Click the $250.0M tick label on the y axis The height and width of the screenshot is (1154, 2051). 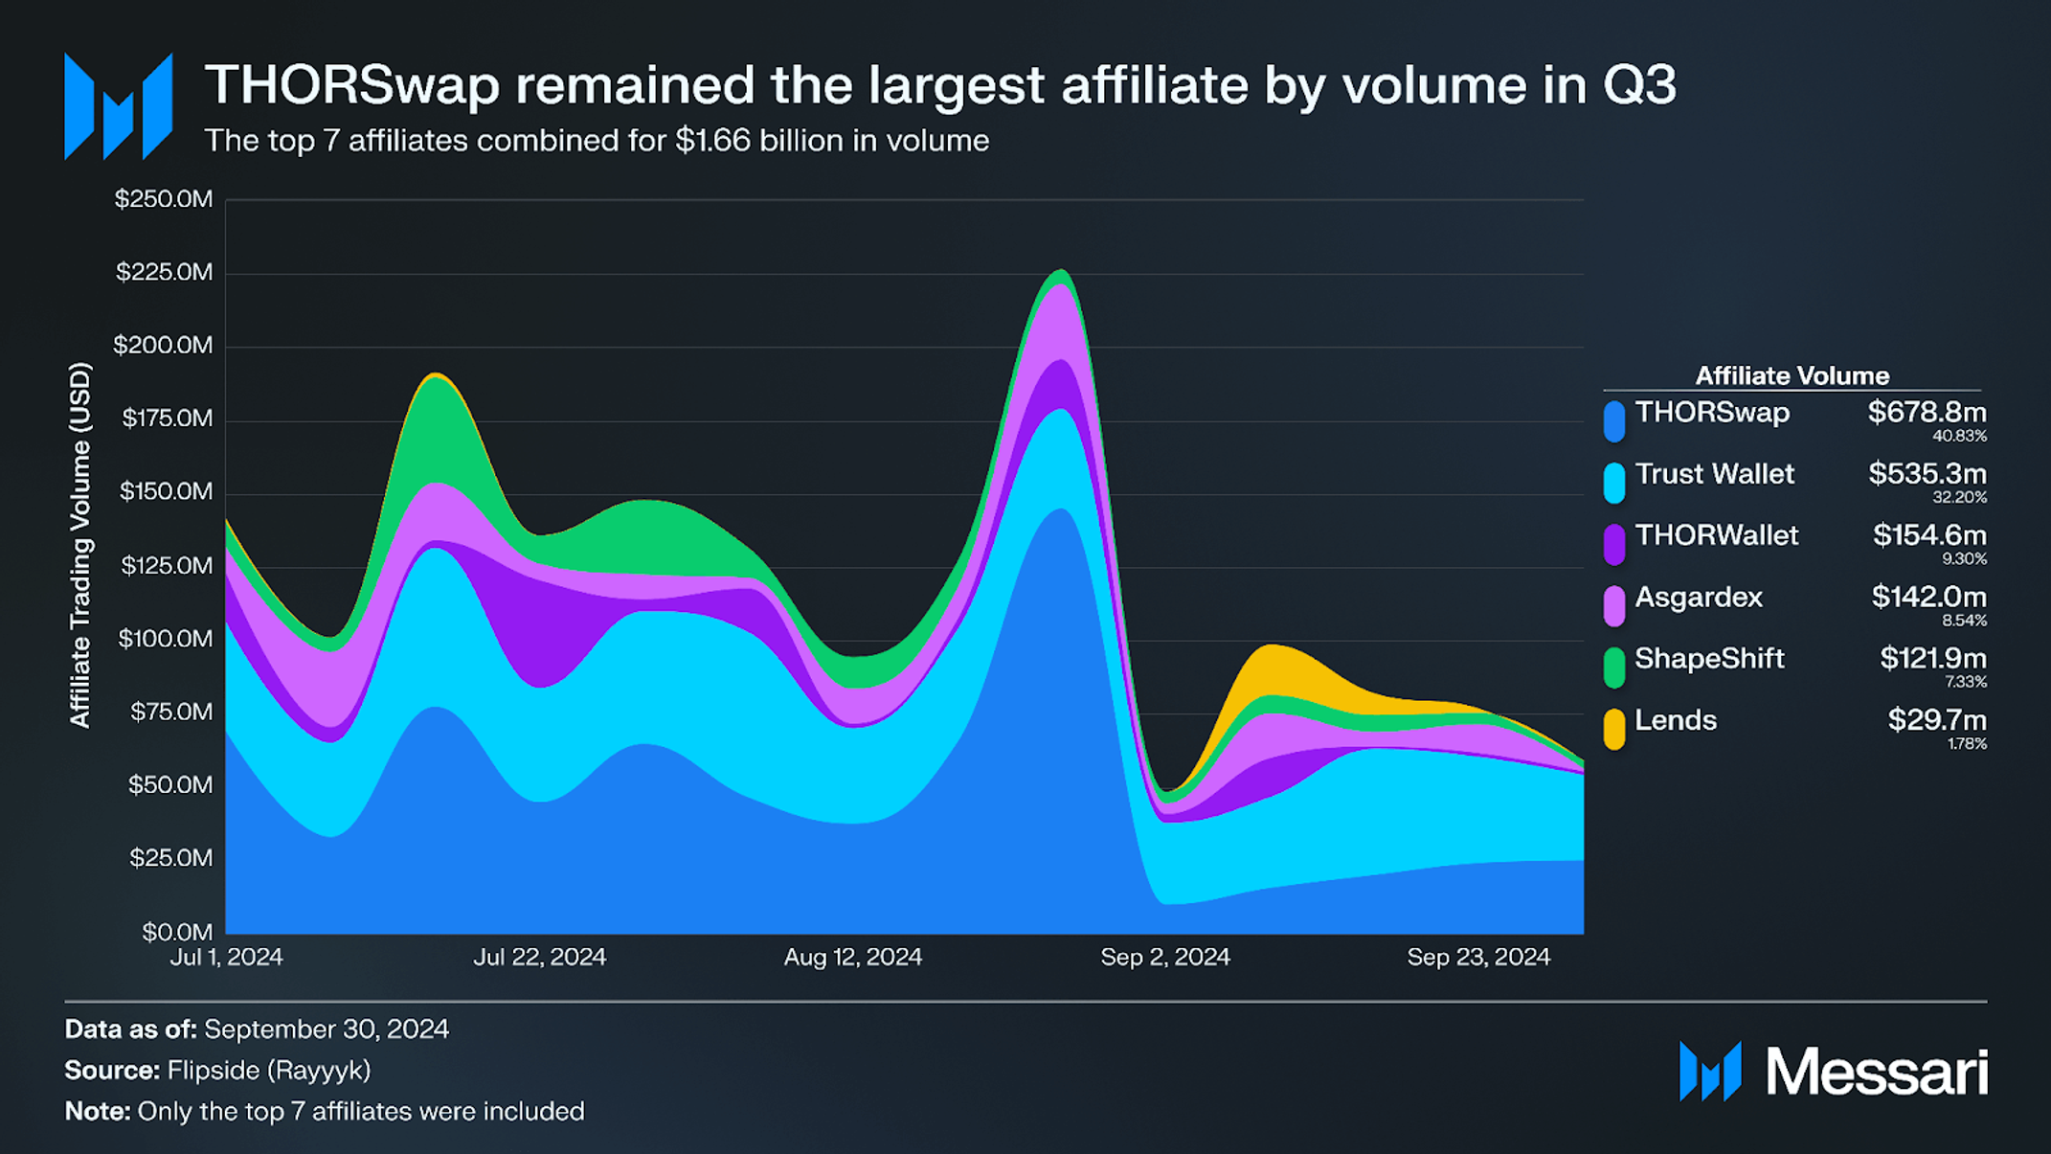(x=164, y=199)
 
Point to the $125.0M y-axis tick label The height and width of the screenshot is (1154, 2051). (x=167, y=565)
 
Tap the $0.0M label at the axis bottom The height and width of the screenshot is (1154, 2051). (x=177, y=931)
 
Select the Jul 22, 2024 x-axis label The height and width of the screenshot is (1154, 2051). (x=539, y=957)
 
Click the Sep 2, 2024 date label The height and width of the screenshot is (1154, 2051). (x=1164, y=957)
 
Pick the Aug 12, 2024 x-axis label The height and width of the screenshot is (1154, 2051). (x=852, y=957)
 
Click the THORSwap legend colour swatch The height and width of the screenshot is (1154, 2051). (x=1614, y=421)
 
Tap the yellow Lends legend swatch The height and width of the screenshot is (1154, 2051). (x=1614, y=729)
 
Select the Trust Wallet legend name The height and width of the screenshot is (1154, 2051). (x=1714, y=474)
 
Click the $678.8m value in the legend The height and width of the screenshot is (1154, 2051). (x=1927, y=413)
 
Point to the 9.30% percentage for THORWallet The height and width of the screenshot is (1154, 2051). (x=1964, y=559)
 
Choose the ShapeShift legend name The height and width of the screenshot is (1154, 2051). (x=1709, y=659)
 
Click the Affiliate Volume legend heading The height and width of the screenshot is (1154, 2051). (x=1792, y=375)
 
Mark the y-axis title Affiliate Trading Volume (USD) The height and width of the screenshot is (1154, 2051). (x=80, y=545)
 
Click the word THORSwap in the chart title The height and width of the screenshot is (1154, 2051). (x=352, y=85)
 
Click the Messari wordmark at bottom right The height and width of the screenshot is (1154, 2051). (x=1876, y=1072)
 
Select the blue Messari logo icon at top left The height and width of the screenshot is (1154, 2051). (x=118, y=106)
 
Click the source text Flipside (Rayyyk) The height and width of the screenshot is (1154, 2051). (x=268, y=1070)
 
